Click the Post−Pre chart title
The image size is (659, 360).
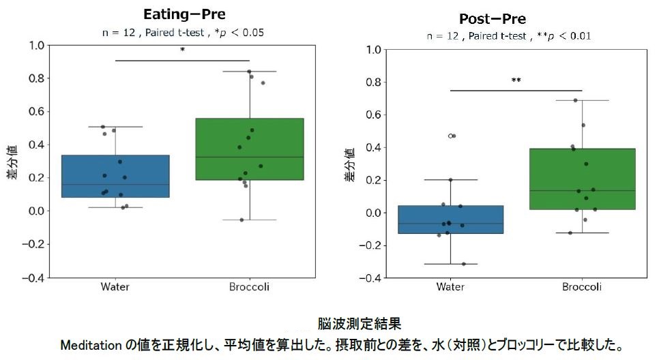click(x=502, y=18)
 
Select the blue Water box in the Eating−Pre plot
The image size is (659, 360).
click(x=115, y=176)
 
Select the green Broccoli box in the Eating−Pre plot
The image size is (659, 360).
click(x=249, y=149)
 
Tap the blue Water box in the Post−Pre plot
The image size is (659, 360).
click(x=450, y=220)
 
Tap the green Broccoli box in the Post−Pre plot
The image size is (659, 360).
click(x=582, y=179)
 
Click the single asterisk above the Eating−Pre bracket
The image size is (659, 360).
click(x=182, y=50)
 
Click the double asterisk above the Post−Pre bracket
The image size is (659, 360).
click(x=516, y=80)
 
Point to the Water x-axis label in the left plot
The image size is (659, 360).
click(x=115, y=287)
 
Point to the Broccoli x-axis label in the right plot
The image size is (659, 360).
click(x=582, y=287)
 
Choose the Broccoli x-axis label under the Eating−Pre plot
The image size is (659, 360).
click(x=249, y=287)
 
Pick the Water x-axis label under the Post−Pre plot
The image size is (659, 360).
click(x=450, y=287)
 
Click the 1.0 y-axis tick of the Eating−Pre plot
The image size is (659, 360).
click(x=36, y=46)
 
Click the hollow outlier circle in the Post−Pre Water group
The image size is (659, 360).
click(x=451, y=136)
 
